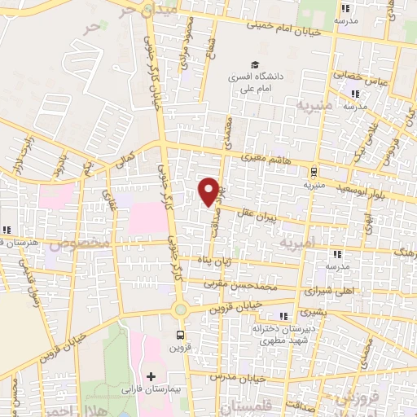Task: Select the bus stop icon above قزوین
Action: click(x=180, y=333)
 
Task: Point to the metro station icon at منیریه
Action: click(x=313, y=171)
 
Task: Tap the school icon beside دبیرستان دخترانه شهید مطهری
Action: click(x=283, y=316)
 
